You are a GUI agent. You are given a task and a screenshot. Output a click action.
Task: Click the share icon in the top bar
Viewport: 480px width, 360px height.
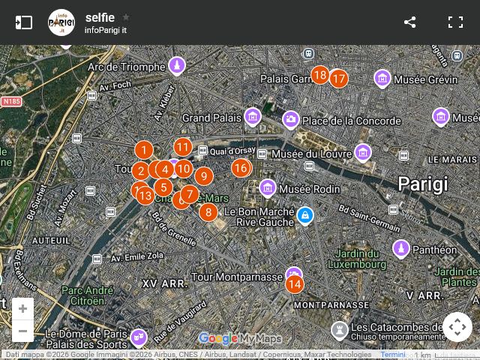point(409,22)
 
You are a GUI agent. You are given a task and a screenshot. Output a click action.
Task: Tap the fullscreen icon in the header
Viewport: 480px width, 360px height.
point(455,22)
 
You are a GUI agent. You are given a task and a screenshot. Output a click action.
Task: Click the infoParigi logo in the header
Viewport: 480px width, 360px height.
point(61,22)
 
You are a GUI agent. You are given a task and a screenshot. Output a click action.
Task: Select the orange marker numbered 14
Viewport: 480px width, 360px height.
point(295,283)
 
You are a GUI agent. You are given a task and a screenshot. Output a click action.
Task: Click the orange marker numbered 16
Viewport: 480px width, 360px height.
point(240,168)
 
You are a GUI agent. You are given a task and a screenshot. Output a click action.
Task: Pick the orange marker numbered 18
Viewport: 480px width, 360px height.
point(320,75)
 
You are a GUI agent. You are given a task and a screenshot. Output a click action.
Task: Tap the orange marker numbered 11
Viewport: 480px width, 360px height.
point(183,147)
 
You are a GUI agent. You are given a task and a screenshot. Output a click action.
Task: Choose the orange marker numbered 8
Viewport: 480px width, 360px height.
point(208,211)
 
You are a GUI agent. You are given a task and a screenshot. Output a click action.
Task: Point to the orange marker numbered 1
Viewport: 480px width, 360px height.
point(143,151)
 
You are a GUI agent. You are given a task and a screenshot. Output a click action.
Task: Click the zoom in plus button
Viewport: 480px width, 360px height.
point(22,308)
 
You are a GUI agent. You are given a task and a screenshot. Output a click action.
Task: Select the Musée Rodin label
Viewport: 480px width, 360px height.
point(310,189)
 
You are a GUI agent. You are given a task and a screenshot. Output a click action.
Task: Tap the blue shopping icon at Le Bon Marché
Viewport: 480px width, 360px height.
point(304,215)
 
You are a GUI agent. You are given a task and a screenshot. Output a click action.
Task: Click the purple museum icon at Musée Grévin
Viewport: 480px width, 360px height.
point(382,78)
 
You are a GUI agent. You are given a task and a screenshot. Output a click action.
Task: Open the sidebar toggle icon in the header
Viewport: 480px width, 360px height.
point(24,22)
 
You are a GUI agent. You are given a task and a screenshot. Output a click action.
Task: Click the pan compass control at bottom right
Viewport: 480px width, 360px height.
point(457,327)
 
